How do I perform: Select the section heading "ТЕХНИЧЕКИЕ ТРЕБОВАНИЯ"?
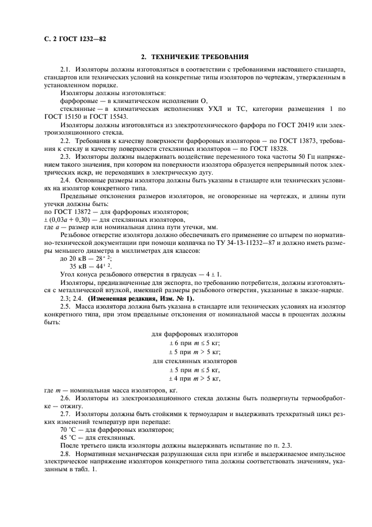click(199, 57)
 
